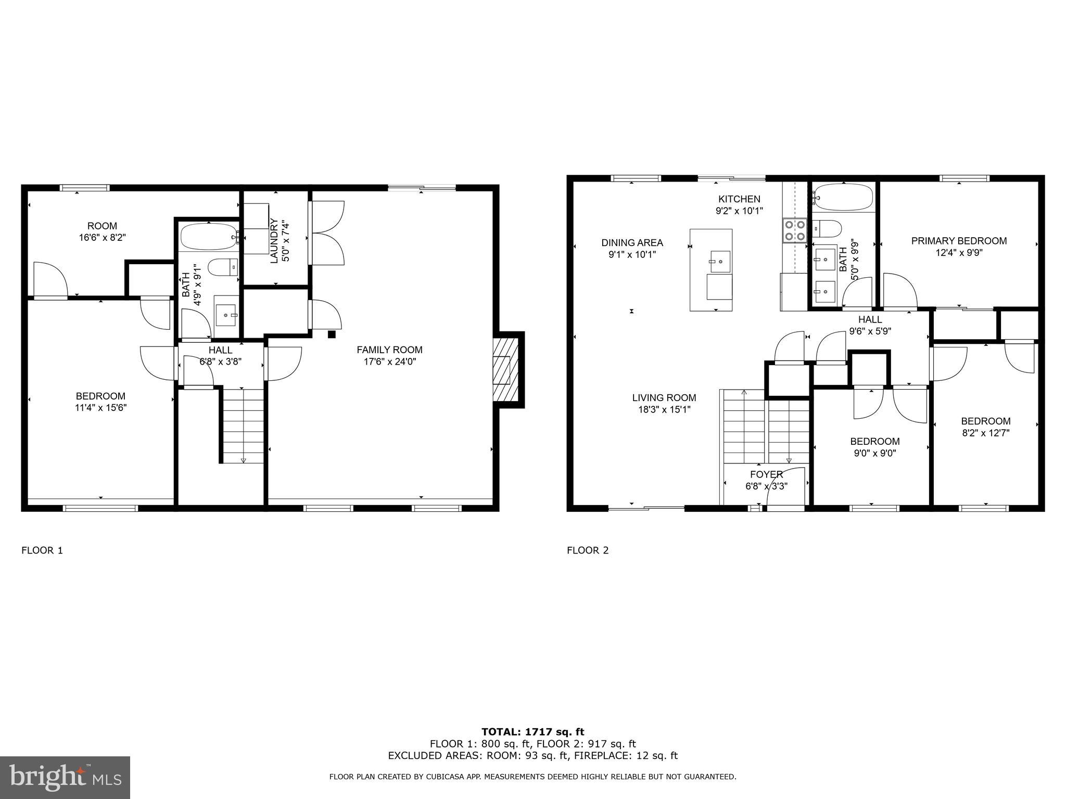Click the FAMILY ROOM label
pyautogui.click(x=389, y=350)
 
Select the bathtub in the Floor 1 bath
pyautogui.click(x=208, y=237)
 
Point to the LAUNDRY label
pyautogui.click(x=274, y=241)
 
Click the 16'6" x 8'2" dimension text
pyautogui.click(x=102, y=237)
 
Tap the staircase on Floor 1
pyautogui.click(x=243, y=424)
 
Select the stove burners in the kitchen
pyautogui.click(x=794, y=230)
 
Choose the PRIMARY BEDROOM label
pyautogui.click(x=959, y=241)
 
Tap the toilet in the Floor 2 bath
pyautogui.click(x=828, y=228)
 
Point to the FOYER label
pyautogui.click(x=766, y=474)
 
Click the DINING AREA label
pyautogui.click(x=632, y=242)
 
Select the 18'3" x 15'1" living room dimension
pyautogui.click(x=664, y=409)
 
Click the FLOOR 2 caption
pyautogui.click(x=587, y=550)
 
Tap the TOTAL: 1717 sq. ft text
pyautogui.click(x=532, y=732)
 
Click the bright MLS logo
pyautogui.click(x=65, y=777)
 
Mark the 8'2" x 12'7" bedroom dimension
pyautogui.click(x=985, y=432)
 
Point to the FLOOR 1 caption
pyautogui.click(x=42, y=550)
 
